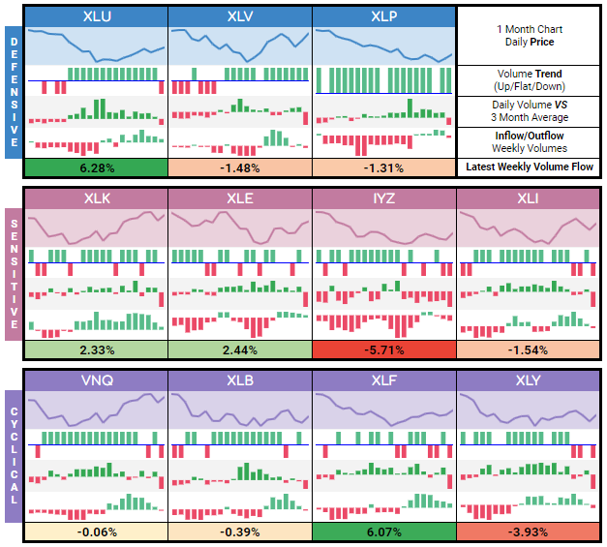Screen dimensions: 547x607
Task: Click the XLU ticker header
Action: click(x=96, y=16)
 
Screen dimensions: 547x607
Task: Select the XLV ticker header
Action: click(x=239, y=16)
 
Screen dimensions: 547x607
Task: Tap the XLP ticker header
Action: click(x=383, y=16)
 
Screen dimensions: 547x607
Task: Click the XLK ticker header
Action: click(x=96, y=198)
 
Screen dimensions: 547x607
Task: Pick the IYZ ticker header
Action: click(x=383, y=198)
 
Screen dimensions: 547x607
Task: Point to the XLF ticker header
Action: click(x=383, y=380)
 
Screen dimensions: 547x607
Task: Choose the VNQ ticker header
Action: click(x=96, y=380)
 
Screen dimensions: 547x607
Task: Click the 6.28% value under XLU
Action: click(x=96, y=167)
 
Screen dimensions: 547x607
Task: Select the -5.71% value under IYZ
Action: click(x=383, y=349)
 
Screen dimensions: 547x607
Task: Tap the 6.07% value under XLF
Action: click(x=383, y=532)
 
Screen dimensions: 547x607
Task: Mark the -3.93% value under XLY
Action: click(x=528, y=532)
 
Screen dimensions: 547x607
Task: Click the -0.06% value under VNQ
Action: click(x=96, y=532)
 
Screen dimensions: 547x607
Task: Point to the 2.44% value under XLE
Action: click(x=239, y=349)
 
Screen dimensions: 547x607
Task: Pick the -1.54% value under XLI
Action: click(x=528, y=349)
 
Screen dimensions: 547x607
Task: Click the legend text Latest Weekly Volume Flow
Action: click(x=528, y=167)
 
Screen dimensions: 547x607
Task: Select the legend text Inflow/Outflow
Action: click(x=528, y=136)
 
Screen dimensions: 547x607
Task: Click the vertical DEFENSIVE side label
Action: click(x=12, y=91)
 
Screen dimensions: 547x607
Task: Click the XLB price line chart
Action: click(x=239, y=410)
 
